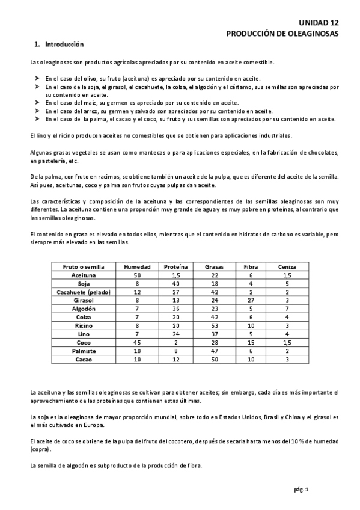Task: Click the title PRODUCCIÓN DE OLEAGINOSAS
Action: (282, 33)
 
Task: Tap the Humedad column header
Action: (137, 266)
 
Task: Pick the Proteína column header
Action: (176, 266)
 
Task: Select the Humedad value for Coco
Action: (137, 342)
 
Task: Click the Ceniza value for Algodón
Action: (287, 308)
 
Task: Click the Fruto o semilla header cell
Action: (80, 266)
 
